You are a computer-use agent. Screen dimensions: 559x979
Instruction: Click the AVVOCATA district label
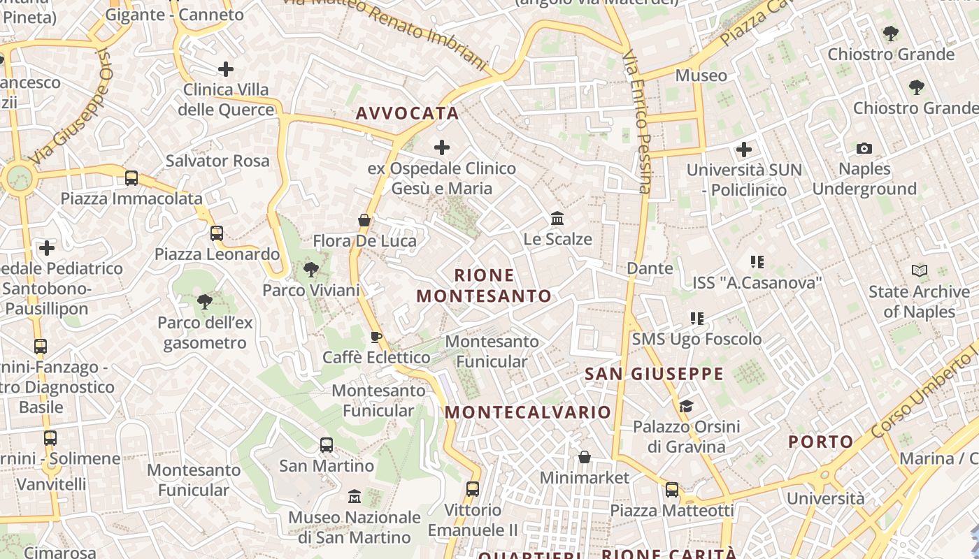[x=407, y=113]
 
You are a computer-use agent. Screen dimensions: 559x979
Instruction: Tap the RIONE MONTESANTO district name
[x=484, y=286]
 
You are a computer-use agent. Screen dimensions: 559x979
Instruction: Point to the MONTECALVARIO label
[x=528, y=412]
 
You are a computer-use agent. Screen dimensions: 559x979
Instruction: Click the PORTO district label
[x=821, y=442]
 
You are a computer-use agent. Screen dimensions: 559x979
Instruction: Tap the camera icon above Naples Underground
[x=864, y=148]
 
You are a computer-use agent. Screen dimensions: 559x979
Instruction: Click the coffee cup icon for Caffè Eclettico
[x=376, y=337]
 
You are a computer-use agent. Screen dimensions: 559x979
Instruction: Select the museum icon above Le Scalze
[x=557, y=219]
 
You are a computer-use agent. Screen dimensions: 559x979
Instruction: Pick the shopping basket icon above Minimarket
[x=585, y=457]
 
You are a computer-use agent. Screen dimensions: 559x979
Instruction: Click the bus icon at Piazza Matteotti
[x=672, y=490]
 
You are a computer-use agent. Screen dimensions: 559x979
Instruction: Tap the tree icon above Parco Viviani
[x=311, y=269]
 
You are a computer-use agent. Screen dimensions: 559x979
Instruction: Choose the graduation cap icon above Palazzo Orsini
[x=686, y=406]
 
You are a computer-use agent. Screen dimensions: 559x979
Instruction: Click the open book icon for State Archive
[x=920, y=270]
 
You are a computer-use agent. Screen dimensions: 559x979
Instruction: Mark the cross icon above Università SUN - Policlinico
[x=744, y=149]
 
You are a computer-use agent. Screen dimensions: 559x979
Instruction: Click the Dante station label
[x=650, y=268]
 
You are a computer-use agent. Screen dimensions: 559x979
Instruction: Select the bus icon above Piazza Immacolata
[x=131, y=178]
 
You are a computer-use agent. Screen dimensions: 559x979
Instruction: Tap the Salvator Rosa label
[x=217, y=161]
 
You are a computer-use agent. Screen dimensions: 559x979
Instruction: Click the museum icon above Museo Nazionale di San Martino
[x=355, y=496]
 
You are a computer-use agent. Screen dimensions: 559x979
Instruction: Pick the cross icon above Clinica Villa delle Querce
[x=226, y=69]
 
